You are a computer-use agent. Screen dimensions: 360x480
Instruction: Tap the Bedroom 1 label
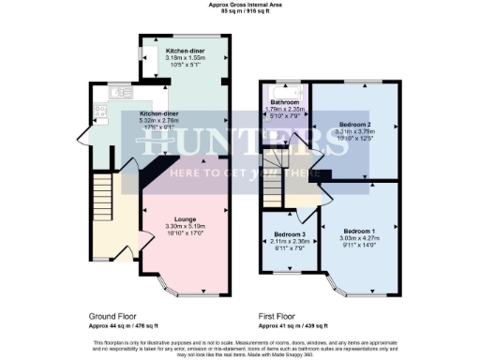(x=360, y=230)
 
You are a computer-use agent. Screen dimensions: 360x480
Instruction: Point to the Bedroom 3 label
(x=290, y=233)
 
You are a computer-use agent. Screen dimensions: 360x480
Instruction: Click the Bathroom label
(x=284, y=101)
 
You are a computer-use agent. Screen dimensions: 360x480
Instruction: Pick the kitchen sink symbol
(x=119, y=93)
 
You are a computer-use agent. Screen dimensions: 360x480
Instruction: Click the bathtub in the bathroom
(x=284, y=93)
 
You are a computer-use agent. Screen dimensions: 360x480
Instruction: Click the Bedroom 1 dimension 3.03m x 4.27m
(x=360, y=237)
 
